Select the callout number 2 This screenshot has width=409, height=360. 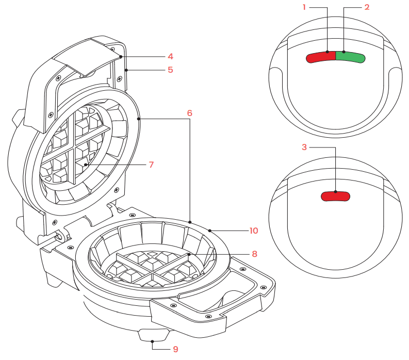[367, 8]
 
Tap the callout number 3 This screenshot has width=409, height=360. [304, 147]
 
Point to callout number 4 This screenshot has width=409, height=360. [170, 56]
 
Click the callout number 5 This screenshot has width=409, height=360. [170, 70]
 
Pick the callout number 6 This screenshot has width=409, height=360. [190, 112]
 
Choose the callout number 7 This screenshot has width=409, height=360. [151, 165]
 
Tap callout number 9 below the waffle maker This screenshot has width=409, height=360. [175, 349]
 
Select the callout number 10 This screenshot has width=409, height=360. [253, 231]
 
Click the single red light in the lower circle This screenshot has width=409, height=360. [335, 196]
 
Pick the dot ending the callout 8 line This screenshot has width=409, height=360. [189, 254]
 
